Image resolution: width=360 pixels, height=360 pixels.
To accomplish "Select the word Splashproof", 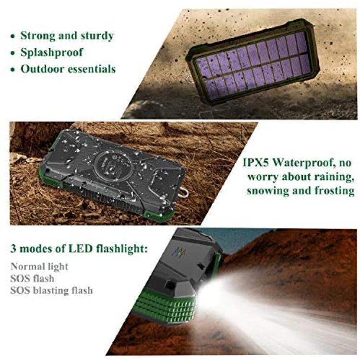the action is coord(52,53).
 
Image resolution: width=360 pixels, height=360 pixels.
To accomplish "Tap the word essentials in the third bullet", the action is coord(95,69).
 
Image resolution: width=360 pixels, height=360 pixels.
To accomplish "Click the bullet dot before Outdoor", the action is coord(13,70).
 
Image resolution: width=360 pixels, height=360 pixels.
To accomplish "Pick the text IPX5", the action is coord(256,163).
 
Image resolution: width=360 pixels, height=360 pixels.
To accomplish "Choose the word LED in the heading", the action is coord(80,249).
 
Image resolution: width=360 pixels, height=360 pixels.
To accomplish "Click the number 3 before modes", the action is coord(13,249).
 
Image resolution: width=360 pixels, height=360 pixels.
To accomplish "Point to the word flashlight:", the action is coord(122,249).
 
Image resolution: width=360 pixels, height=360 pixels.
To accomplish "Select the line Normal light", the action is coord(39,267).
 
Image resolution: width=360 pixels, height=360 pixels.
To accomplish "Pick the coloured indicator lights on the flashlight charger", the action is coord(180,252).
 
